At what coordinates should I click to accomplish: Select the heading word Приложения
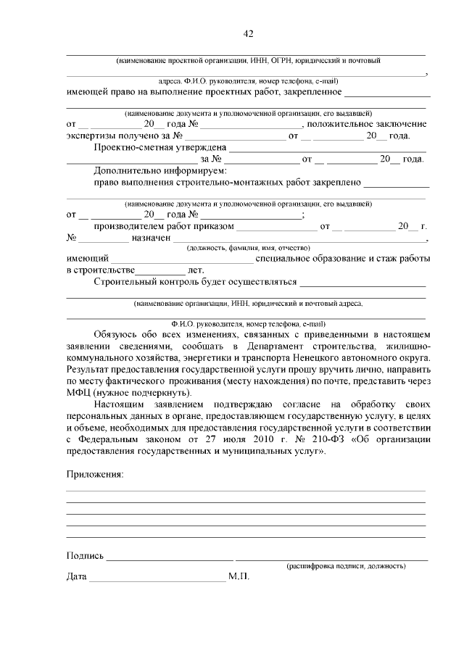[94, 474]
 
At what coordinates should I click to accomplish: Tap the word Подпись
[85, 556]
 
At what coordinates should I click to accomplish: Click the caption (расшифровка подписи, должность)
[346, 565]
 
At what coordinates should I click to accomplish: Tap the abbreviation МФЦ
[78, 392]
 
